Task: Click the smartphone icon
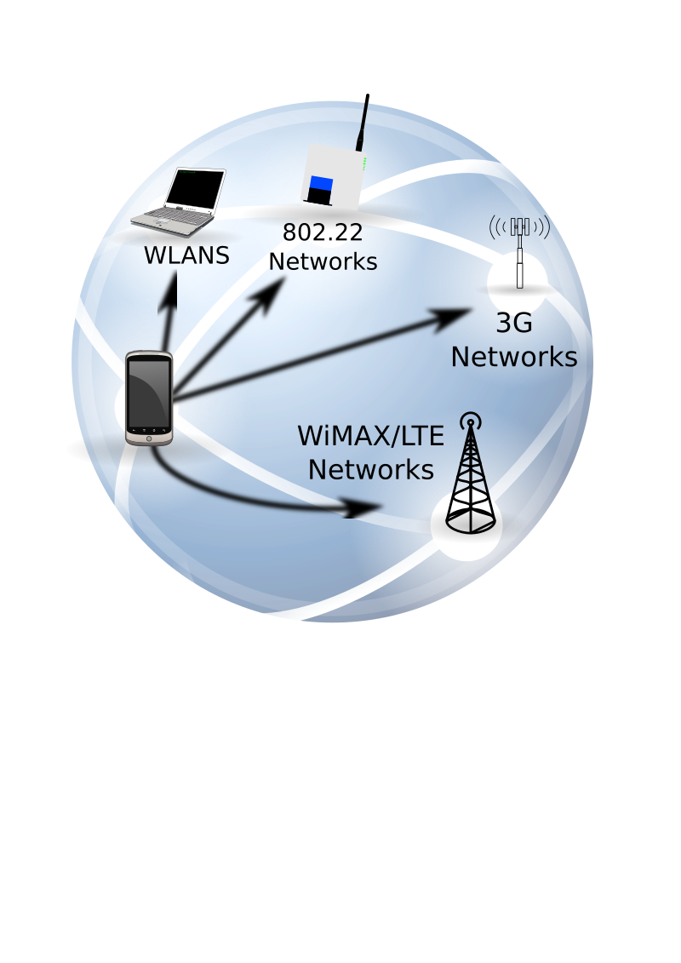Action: pos(149,398)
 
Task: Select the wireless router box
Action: pos(333,175)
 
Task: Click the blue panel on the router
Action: pos(321,183)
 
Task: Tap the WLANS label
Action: pos(186,255)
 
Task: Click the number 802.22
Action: pos(323,232)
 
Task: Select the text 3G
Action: pos(514,324)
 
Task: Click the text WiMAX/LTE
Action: pos(370,437)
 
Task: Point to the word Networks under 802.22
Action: pos(323,261)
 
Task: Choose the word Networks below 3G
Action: pos(514,357)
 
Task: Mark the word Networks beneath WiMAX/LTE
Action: pos(370,469)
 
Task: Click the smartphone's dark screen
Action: pos(148,393)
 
